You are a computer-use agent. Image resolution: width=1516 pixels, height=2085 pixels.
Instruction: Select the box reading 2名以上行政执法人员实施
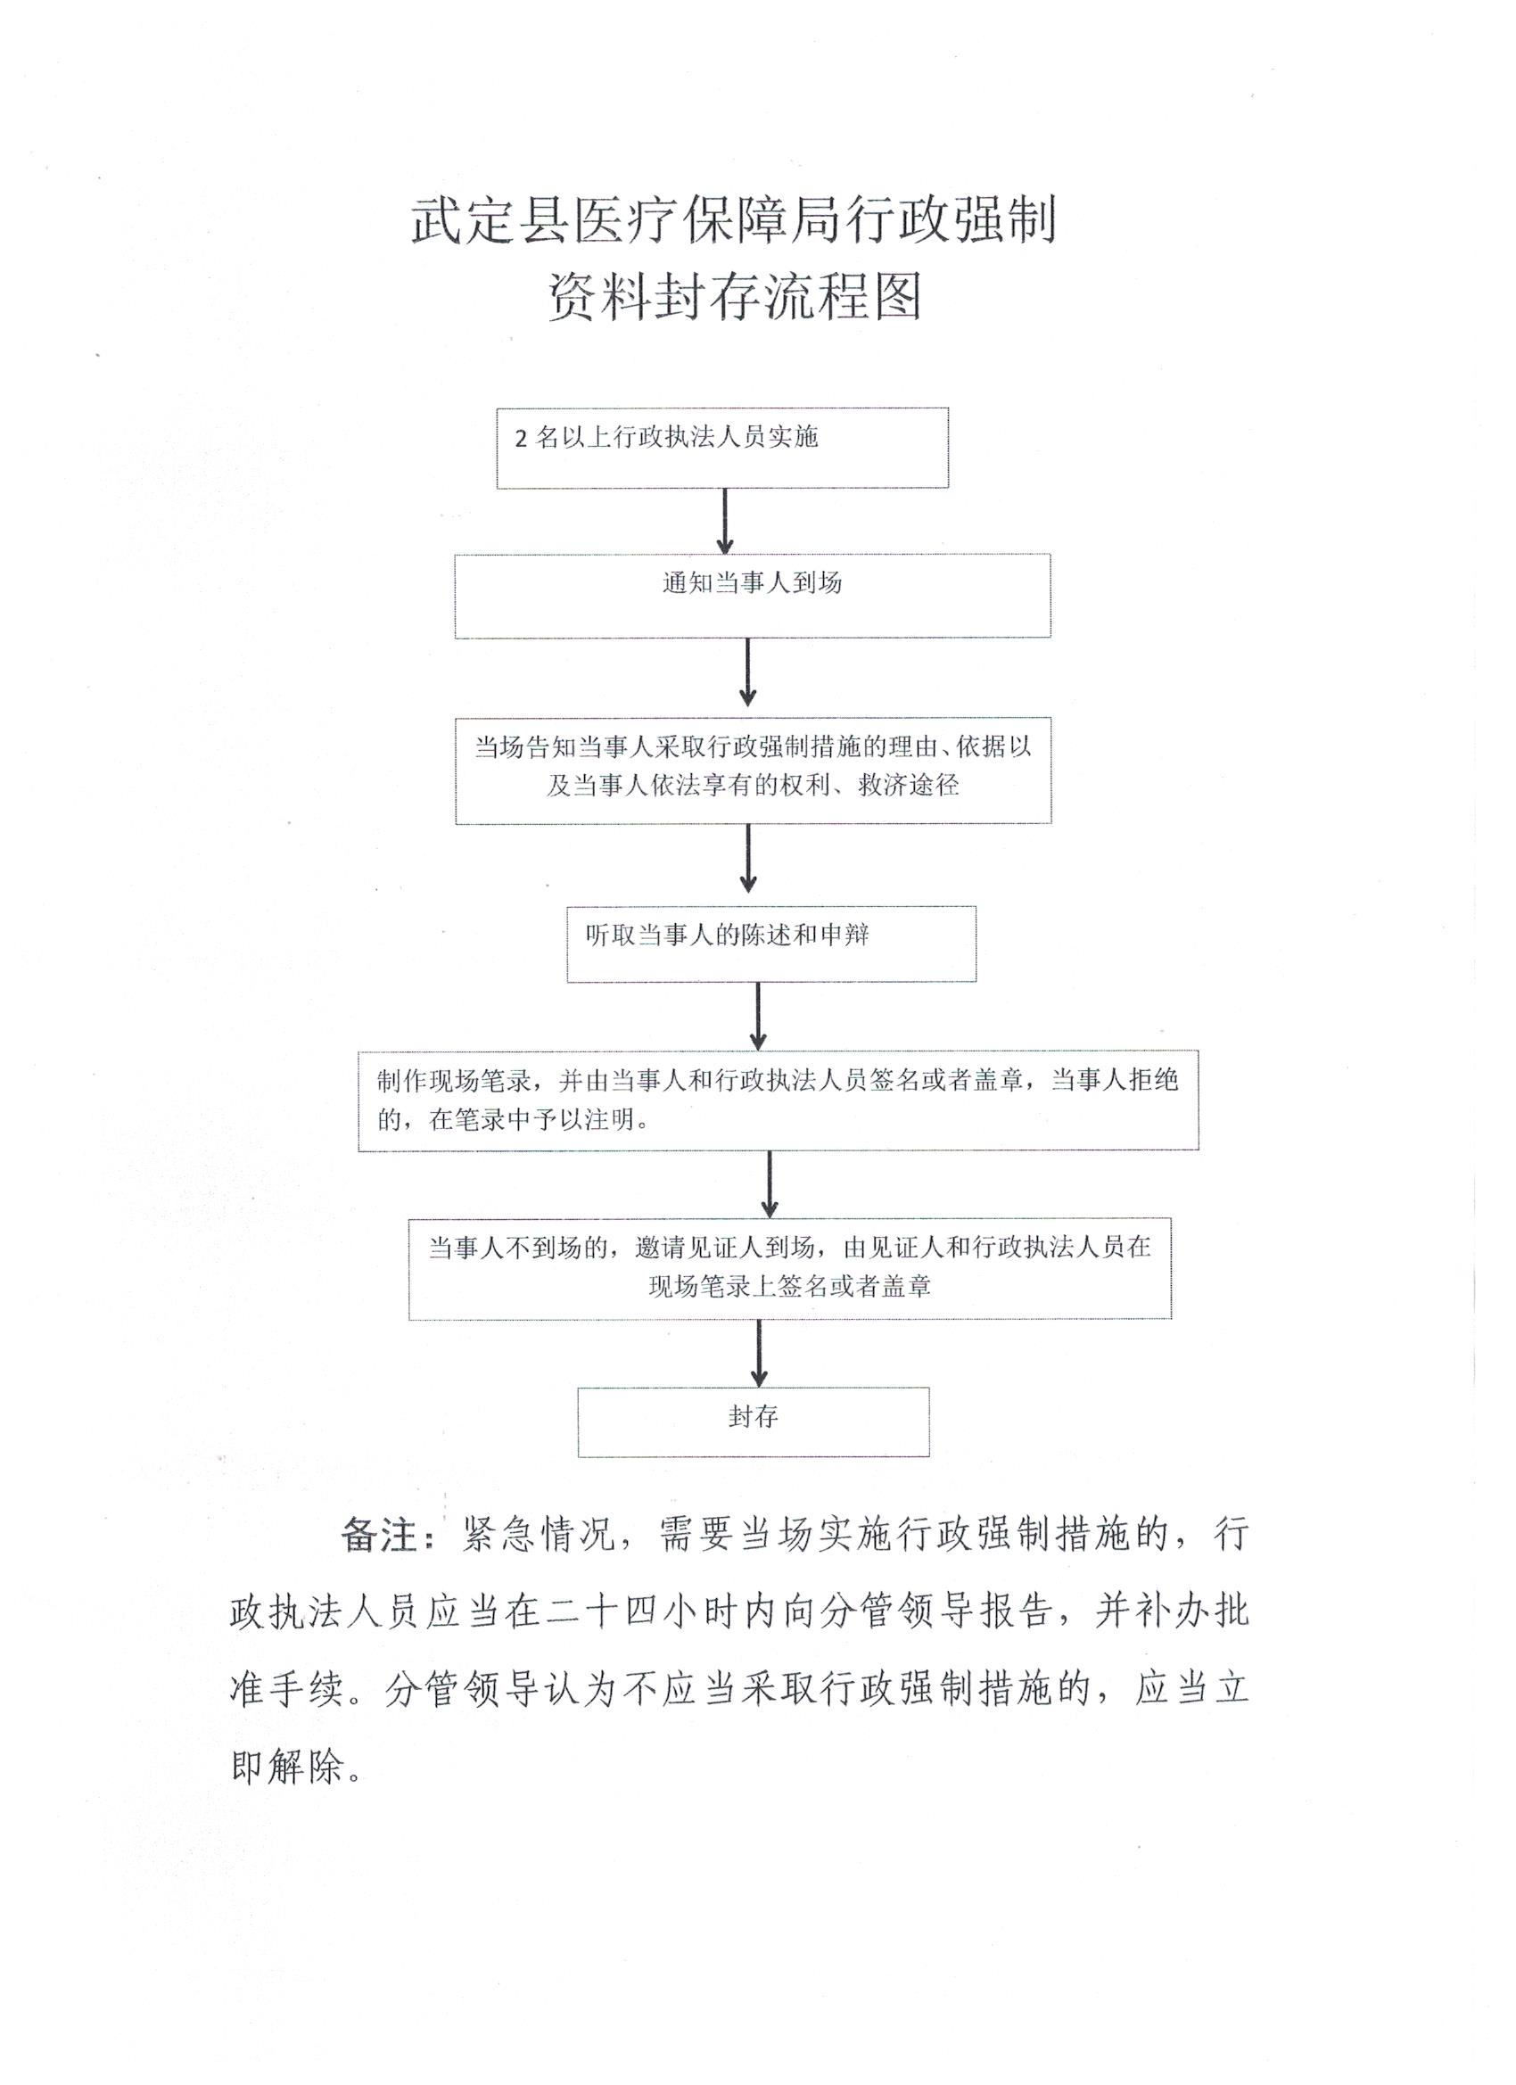[722, 448]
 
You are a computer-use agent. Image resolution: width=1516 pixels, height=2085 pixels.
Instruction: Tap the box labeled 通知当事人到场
[752, 596]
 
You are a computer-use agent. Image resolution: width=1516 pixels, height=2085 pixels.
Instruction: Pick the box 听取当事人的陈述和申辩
[770, 944]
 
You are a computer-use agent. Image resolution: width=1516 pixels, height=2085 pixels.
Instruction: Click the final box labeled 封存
[753, 1422]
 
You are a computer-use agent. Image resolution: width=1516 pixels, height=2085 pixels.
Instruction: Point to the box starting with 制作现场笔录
[778, 1100]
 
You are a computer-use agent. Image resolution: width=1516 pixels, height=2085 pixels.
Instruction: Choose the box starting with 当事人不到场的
[790, 1270]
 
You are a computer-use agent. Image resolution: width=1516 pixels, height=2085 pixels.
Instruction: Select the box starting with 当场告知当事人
[753, 771]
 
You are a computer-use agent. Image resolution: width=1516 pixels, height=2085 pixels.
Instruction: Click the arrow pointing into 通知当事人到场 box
[724, 520]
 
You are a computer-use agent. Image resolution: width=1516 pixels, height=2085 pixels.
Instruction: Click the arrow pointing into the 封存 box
[759, 1353]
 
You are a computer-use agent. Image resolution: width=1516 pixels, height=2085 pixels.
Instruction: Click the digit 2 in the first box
[521, 439]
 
